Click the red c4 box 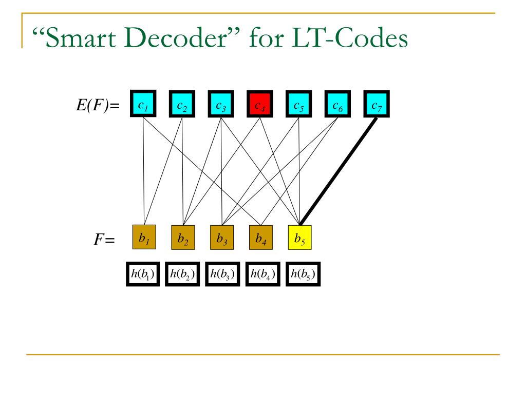[259, 104]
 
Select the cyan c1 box [143, 104]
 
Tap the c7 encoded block [377, 104]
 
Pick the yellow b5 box [300, 237]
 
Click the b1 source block [144, 237]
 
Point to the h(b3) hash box [222, 274]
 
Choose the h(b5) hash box [303, 274]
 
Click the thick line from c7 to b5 [338, 171]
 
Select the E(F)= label [98, 106]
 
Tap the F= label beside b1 [104, 240]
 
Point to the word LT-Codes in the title [349, 38]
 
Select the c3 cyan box [221, 104]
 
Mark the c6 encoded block [337, 104]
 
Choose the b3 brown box [222, 237]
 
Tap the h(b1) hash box [143, 274]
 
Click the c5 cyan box [298, 104]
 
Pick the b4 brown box [261, 237]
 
